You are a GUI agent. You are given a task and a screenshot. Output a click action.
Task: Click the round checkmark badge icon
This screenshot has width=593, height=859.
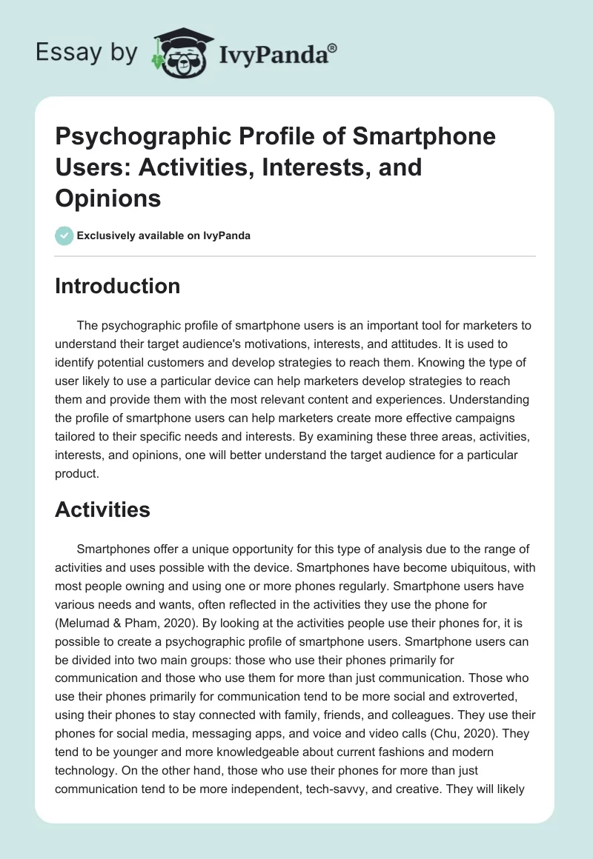64,235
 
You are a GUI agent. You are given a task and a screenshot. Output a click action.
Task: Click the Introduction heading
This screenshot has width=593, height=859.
117,286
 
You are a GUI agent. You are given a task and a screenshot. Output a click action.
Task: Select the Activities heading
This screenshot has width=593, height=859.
102,509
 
